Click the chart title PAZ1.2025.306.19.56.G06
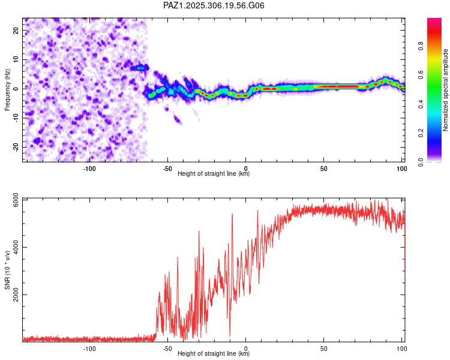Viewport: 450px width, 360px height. (x=214, y=5)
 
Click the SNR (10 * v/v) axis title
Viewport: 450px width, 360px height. (x=7, y=269)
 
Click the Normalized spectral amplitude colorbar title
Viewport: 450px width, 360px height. (x=445, y=90)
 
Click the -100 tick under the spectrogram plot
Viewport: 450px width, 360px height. (x=89, y=169)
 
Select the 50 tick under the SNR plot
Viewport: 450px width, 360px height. (x=324, y=349)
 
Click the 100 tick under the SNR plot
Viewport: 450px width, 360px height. (x=401, y=349)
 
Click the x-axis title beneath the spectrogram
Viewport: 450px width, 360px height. (x=214, y=174)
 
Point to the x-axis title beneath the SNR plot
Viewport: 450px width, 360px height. (x=214, y=354)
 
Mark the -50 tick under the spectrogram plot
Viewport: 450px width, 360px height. (x=167, y=169)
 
